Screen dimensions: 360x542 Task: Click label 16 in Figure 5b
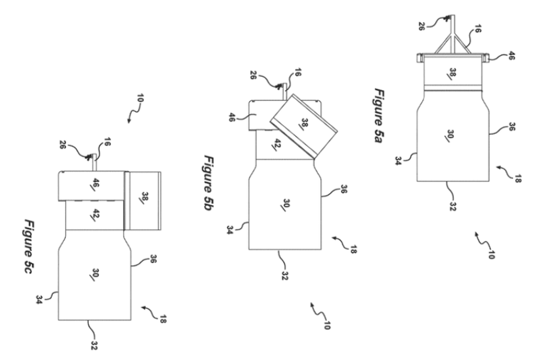tap(295, 75)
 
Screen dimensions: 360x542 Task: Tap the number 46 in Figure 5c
tap(93, 184)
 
